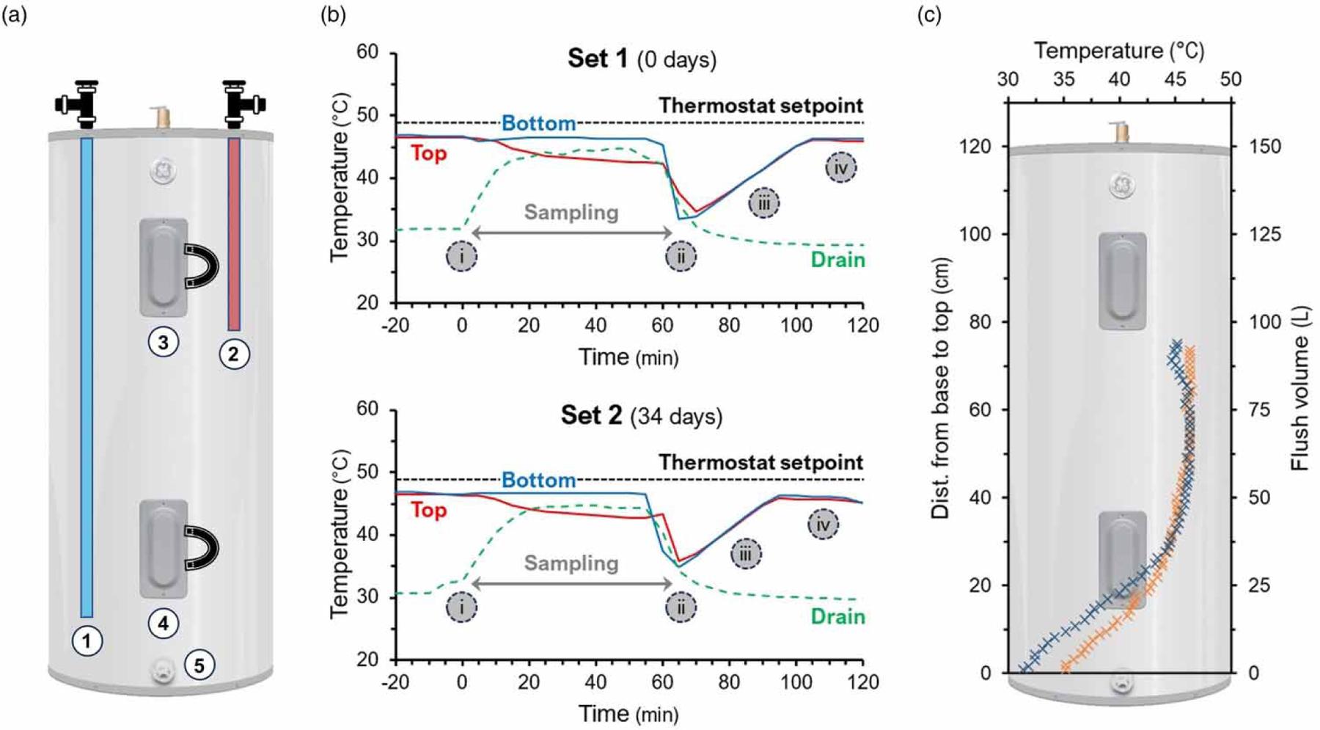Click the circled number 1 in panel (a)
[x=87, y=641]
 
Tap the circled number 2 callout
[x=234, y=354]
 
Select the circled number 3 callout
[x=163, y=342]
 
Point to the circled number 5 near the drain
[x=199, y=665]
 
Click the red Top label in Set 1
[x=428, y=153]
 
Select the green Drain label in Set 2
[x=837, y=616]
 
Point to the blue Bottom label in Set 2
[x=538, y=481]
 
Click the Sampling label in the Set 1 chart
[x=571, y=213]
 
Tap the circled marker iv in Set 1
[x=840, y=168]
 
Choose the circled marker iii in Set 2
[x=745, y=554]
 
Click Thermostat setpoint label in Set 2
[x=760, y=462]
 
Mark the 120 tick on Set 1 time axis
[x=862, y=325]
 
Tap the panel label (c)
[x=929, y=15]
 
